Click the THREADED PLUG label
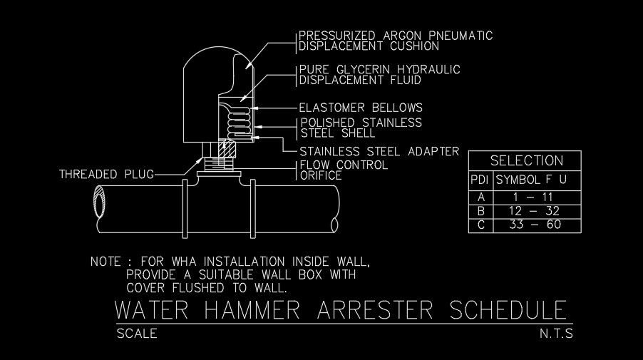[106, 174]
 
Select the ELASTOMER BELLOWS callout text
[361, 108]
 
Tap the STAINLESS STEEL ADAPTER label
[379, 151]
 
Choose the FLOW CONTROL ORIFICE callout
[343, 170]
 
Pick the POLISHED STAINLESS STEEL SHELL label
[361, 128]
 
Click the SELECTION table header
[526, 160]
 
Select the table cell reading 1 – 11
[536, 197]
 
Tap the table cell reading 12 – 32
[536, 211]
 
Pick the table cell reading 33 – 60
[536, 225]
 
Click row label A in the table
[481, 197]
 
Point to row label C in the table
[481, 225]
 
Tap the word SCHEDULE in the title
[509, 312]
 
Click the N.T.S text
[557, 333]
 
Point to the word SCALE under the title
[136, 333]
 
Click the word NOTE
[106, 262]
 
